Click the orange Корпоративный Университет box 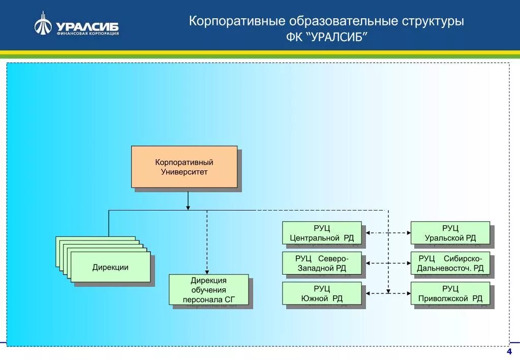point(184,167)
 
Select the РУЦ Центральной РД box point(322,233)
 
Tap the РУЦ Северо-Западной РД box point(322,263)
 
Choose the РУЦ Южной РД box point(322,293)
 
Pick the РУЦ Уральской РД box point(450,233)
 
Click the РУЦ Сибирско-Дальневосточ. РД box point(450,263)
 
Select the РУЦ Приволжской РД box point(450,293)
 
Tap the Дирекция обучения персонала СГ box point(208,290)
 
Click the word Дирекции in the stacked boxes point(110,267)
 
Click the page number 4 point(509,352)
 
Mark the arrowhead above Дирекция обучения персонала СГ point(207,272)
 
